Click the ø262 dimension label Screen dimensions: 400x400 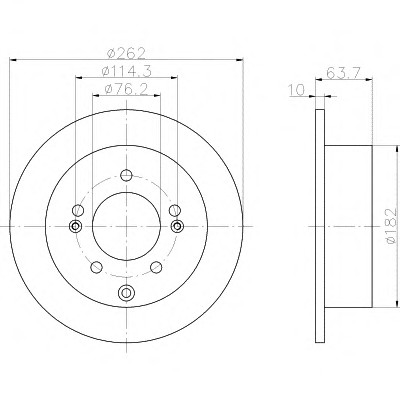[127, 53]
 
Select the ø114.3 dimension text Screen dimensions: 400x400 [127, 71]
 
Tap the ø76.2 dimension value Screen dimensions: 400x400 [126, 89]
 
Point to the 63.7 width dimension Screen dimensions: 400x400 [343, 73]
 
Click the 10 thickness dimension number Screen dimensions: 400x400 [297, 90]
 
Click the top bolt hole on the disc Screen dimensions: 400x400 [126, 175]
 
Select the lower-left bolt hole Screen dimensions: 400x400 [96, 267]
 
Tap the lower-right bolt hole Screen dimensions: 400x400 [156, 267]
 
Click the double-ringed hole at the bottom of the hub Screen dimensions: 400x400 [126, 293]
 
